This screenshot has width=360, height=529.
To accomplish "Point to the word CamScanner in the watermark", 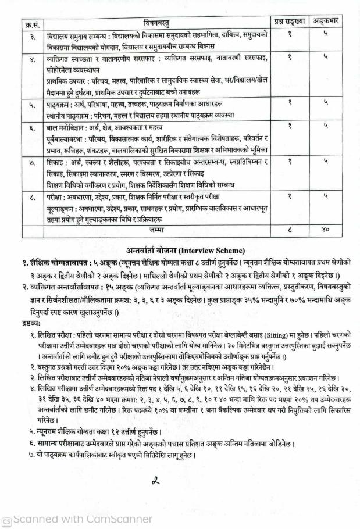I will (x=121, y=519).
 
